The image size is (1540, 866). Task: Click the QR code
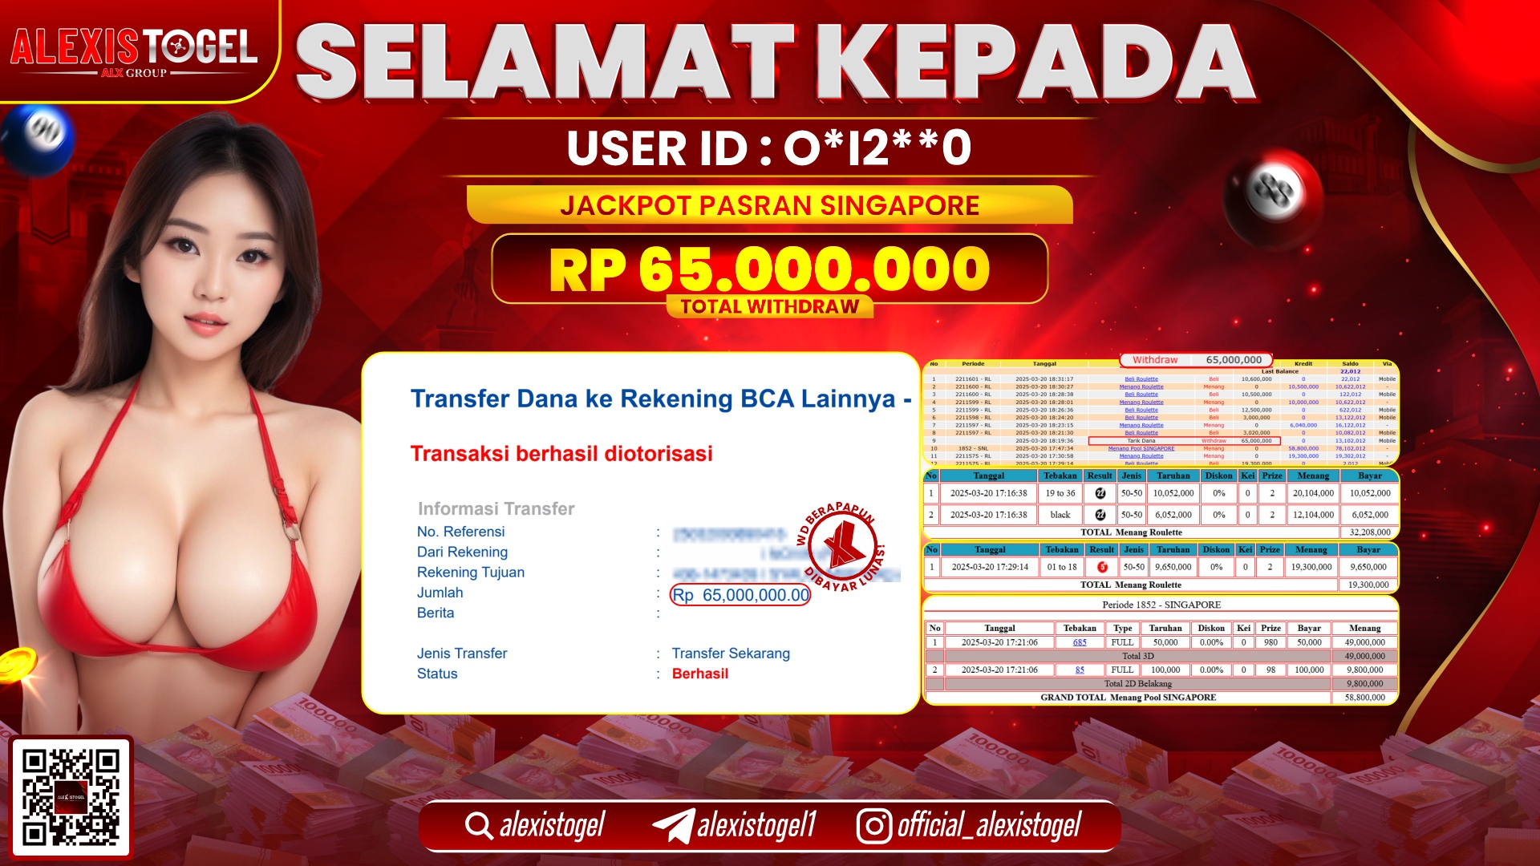(x=71, y=796)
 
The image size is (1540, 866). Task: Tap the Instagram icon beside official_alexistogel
(x=873, y=826)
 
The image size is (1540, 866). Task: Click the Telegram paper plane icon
(x=673, y=826)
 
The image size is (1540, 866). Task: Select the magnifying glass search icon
(x=479, y=826)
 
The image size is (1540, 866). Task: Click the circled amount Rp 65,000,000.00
(x=740, y=595)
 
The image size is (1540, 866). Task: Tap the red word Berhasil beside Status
(x=700, y=674)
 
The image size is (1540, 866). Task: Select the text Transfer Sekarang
(x=731, y=654)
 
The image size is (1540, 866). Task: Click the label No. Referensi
(x=460, y=532)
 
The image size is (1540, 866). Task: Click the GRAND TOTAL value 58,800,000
(x=1364, y=698)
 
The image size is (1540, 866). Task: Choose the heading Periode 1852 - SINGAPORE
(x=1161, y=605)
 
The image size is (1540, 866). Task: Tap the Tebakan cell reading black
(x=1060, y=515)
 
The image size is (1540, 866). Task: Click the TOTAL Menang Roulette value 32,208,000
(x=1369, y=532)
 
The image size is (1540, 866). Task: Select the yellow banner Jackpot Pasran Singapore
(x=769, y=205)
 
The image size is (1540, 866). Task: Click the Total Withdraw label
(x=769, y=307)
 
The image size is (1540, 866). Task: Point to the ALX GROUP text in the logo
(x=134, y=73)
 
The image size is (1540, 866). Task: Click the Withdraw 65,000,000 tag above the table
(x=1196, y=360)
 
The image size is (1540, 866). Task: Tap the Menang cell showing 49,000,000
(x=1364, y=642)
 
